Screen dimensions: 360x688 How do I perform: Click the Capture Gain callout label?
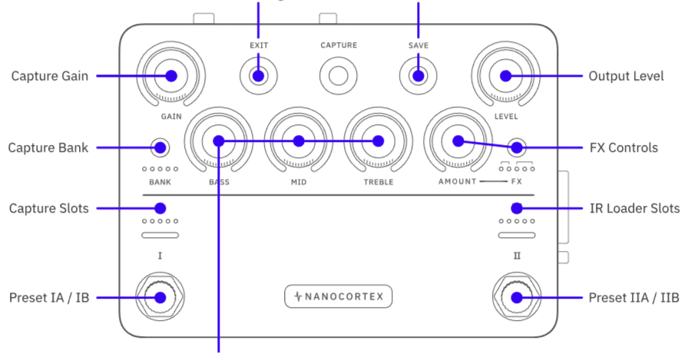pos(49,76)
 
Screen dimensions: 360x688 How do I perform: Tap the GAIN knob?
pos(170,76)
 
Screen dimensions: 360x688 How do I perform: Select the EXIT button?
pos(259,76)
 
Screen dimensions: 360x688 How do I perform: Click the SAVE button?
pos(418,76)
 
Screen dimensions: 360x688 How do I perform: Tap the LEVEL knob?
pos(505,76)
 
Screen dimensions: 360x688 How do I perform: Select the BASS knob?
pos(219,141)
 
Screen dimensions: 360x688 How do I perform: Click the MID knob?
pos(299,141)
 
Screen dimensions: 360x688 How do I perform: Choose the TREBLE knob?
pos(378,141)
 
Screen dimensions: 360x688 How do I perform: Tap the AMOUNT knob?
pos(458,141)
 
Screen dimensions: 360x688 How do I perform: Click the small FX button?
pos(516,147)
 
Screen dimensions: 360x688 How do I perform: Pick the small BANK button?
pos(160,147)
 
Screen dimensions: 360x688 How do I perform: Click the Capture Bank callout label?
pos(48,147)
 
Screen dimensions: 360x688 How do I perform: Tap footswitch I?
pos(160,298)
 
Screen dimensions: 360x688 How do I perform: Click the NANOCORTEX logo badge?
pos(339,296)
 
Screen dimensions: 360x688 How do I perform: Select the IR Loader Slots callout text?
pos(633,208)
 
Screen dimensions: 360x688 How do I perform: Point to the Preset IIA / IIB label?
pos(633,298)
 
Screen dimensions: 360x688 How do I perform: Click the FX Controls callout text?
pos(623,147)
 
